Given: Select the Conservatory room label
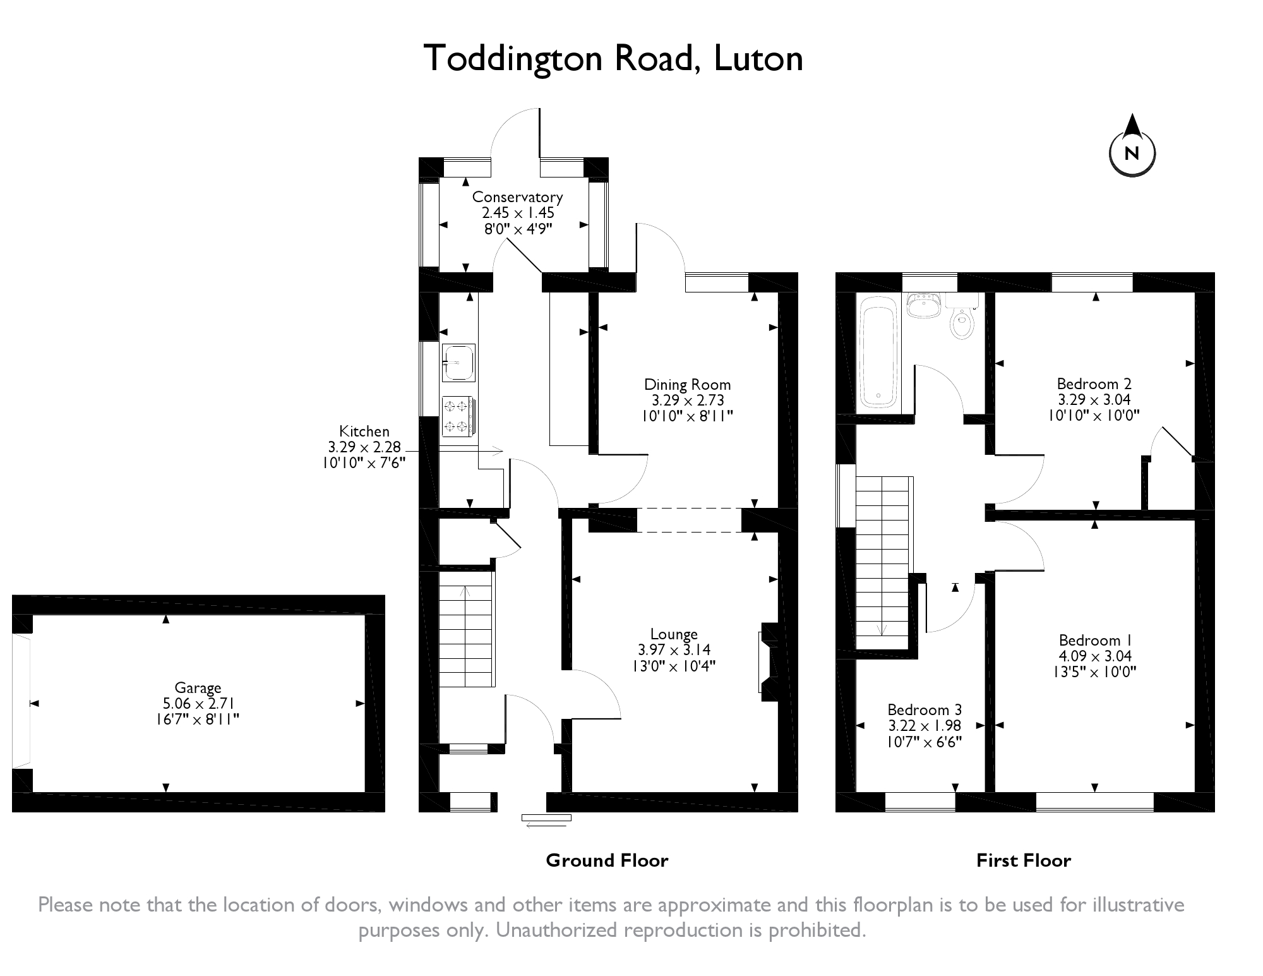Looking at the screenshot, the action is pyautogui.click(x=517, y=197).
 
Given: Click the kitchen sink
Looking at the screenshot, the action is pyautogui.click(x=458, y=363).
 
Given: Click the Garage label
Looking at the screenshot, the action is pyautogui.click(x=198, y=688).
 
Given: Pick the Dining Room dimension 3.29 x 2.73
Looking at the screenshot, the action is pyautogui.click(x=688, y=401).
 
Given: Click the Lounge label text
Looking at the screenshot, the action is pyautogui.click(x=674, y=634).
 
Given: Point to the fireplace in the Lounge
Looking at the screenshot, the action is pyautogui.click(x=770, y=661).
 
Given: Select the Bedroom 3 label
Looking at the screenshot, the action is pyautogui.click(x=925, y=710).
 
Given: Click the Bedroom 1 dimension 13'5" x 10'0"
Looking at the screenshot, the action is pyautogui.click(x=1094, y=672).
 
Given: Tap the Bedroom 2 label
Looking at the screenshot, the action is pyautogui.click(x=1094, y=384).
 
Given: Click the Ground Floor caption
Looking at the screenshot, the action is pyautogui.click(x=607, y=860).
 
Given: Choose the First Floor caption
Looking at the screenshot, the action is pyautogui.click(x=1024, y=860).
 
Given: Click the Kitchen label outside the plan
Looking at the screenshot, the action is pyautogui.click(x=364, y=431).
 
